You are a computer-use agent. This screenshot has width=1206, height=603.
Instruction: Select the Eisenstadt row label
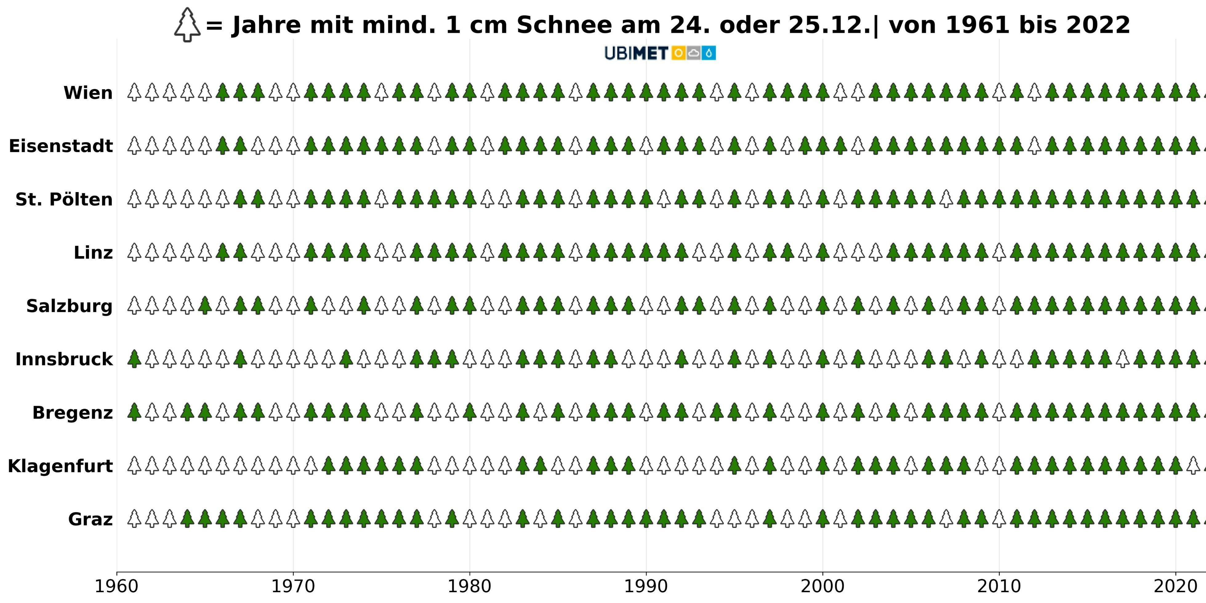point(61,146)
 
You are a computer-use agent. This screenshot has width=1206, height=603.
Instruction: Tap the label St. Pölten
point(64,199)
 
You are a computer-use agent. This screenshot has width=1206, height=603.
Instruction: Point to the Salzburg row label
point(69,306)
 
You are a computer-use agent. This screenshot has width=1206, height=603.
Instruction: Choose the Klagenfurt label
point(60,466)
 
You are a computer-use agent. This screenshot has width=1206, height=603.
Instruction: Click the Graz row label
point(90,520)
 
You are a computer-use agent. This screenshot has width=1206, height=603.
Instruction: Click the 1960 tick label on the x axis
point(117,586)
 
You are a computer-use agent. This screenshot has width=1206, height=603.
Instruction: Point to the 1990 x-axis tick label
point(646,586)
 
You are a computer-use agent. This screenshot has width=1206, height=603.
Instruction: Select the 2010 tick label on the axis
point(999,586)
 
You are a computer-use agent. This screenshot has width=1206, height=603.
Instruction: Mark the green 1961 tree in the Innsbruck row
point(135,359)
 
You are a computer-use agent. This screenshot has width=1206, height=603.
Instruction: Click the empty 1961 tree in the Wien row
point(135,92)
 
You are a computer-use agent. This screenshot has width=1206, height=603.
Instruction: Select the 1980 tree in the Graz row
point(470,519)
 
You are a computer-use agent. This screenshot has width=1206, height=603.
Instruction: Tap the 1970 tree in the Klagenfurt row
point(293,465)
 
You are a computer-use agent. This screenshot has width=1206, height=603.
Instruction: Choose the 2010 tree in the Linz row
point(999,252)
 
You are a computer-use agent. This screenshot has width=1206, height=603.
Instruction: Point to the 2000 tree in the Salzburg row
point(822,306)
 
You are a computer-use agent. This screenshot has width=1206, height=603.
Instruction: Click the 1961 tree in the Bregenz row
point(135,412)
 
